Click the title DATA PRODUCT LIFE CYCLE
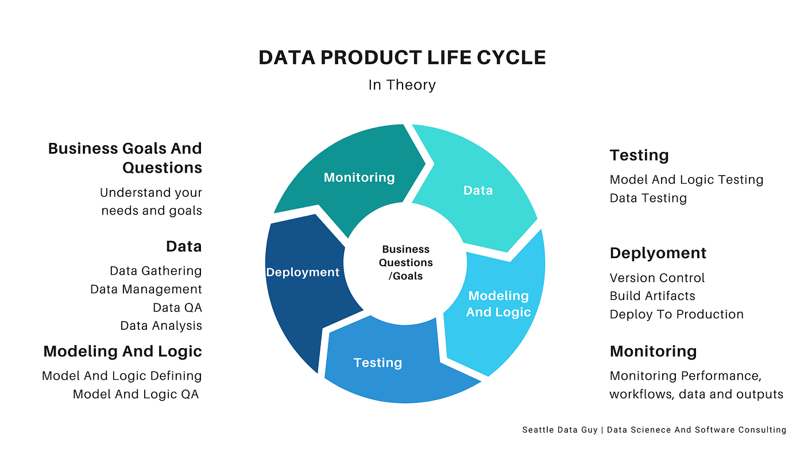tap(402, 57)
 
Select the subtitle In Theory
tap(402, 85)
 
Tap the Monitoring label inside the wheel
tap(359, 177)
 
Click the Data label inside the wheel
tap(478, 190)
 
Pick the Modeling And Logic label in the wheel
tap(498, 303)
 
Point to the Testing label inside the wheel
tap(377, 363)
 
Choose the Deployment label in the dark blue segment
tap(303, 272)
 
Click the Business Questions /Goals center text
tap(406, 263)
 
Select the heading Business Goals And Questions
tap(125, 158)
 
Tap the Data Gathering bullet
tap(156, 271)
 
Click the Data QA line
tap(177, 307)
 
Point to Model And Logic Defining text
tap(122, 376)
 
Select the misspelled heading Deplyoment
tap(658, 253)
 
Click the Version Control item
tap(657, 278)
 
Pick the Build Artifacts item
tap(652, 296)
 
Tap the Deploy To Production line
tap(677, 314)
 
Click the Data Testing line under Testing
tap(648, 198)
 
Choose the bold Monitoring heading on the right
tap(653, 351)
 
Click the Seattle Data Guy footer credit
tap(654, 430)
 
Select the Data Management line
tap(146, 289)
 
